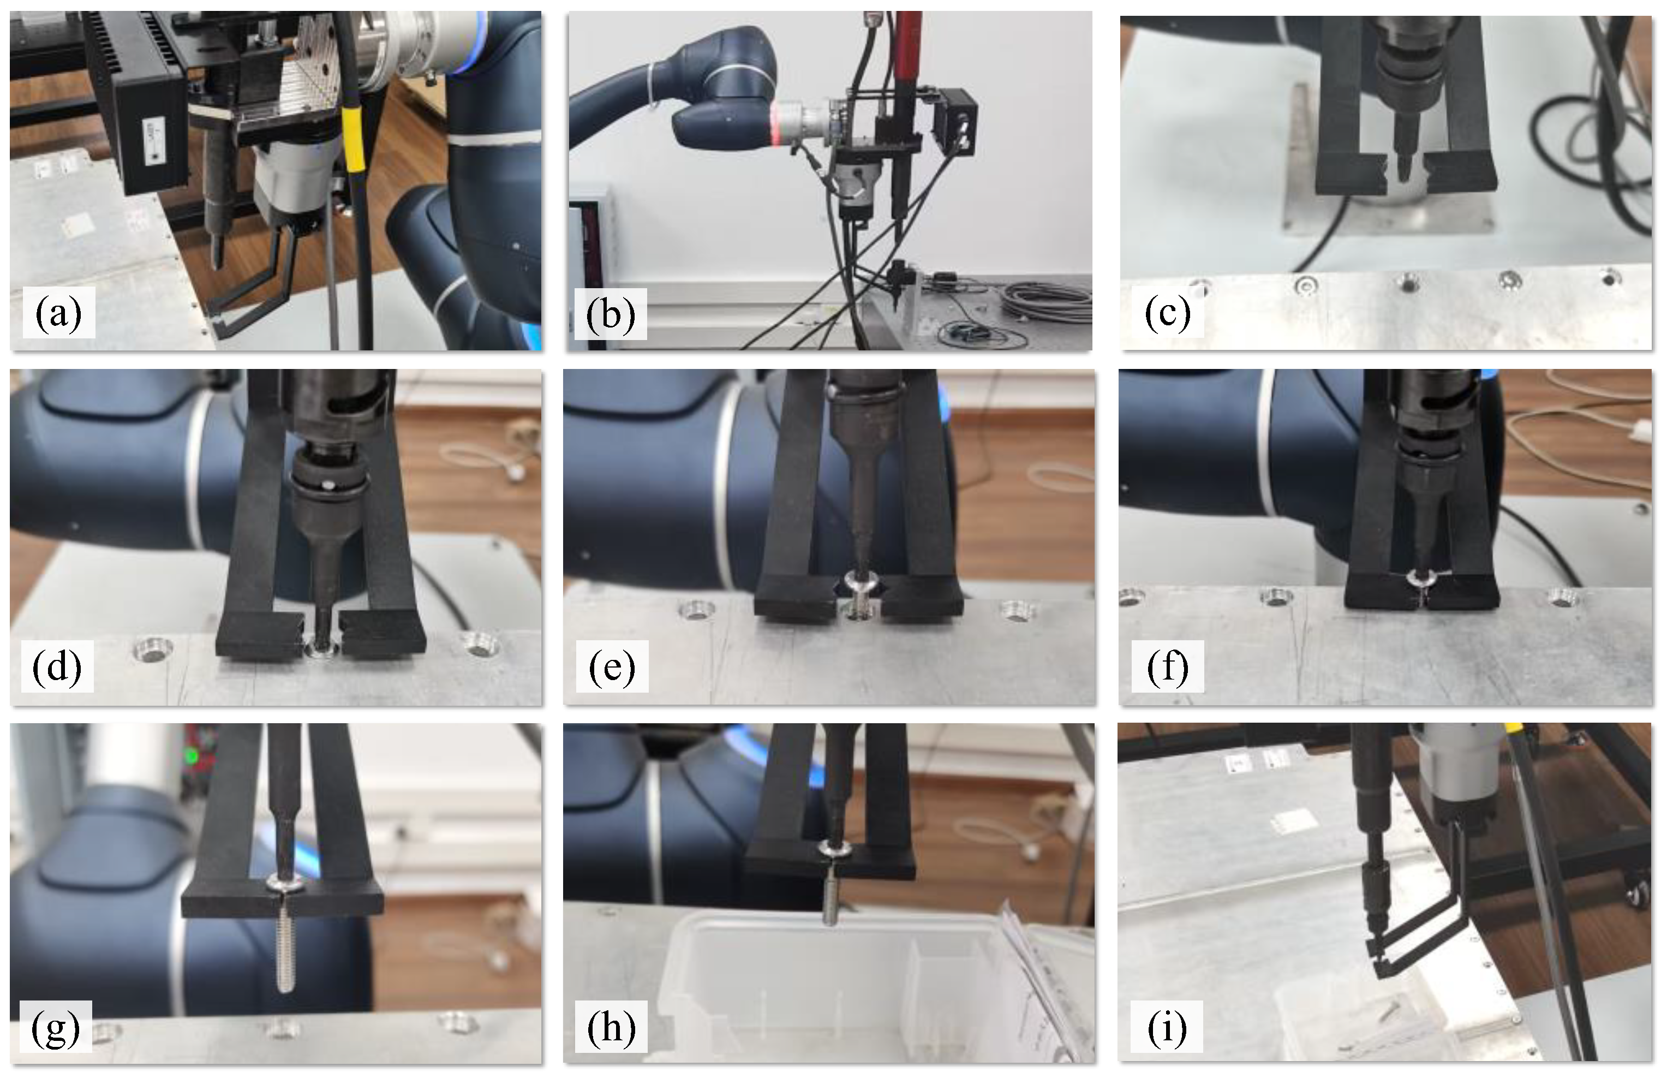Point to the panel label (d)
click(57, 666)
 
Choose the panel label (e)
click(612, 666)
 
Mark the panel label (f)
click(1167, 666)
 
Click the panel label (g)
click(56, 1028)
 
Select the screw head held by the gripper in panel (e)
click(859, 581)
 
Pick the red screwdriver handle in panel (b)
click(907, 49)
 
